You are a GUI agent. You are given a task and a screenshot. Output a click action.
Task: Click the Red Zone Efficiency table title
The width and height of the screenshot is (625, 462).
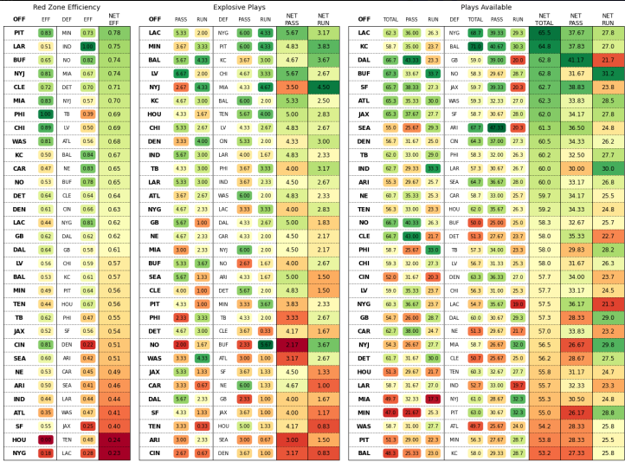pyautogui.click(x=66, y=6)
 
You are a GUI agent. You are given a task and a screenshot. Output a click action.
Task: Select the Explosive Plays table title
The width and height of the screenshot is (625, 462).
pyautogui.click(x=238, y=6)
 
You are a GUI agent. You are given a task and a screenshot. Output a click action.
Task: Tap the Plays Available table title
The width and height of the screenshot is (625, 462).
pyautogui.click(x=485, y=6)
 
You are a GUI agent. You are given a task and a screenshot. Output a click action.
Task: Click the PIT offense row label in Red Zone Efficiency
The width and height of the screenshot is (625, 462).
pyautogui.click(x=19, y=32)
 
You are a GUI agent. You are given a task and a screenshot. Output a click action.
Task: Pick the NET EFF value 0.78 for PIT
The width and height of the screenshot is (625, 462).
pyautogui.click(x=114, y=32)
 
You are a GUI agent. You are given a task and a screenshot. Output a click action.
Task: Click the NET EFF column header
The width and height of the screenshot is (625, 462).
pyautogui.click(x=114, y=17)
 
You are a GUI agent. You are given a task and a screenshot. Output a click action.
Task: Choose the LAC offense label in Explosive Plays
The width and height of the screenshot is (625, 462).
pyautogui.click(x=155, y=32)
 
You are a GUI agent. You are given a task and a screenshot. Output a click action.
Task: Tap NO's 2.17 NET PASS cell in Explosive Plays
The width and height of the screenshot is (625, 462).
pyautogui.click(x=292, y=344)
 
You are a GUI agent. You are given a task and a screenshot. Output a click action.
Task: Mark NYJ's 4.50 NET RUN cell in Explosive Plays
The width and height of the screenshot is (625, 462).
pyautogui.click(x=323, y=88)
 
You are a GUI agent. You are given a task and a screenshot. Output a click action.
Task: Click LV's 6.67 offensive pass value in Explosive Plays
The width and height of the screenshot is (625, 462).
pyautogui.click(x=181, y=74)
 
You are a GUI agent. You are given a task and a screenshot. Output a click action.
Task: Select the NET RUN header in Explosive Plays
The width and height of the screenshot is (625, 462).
pyautogui.click(x=323, y=17)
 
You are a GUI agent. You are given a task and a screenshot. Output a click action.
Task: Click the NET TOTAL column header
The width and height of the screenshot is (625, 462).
pyautogui.click(x=544, y=17)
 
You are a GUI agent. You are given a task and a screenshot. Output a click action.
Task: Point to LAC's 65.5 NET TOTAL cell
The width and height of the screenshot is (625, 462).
pyautogui.click(x=544, y=32)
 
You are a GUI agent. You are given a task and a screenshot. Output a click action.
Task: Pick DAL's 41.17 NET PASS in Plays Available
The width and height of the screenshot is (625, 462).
pyautogui.click(x=576, y=60)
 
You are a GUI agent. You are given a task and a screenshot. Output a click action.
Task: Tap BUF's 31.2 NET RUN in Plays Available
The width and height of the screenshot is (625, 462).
pyautogui.click(x=608, y=74)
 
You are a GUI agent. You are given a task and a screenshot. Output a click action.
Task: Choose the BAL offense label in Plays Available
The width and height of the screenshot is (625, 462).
pyautogui.click(x=364, y=452)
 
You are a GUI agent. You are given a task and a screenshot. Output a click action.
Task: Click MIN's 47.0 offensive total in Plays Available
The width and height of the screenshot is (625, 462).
pyautogui.click(x=390, y=412)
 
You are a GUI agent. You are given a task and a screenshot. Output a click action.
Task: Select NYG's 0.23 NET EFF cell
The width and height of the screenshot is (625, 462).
pyautogui.click(x=114, y=452)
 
